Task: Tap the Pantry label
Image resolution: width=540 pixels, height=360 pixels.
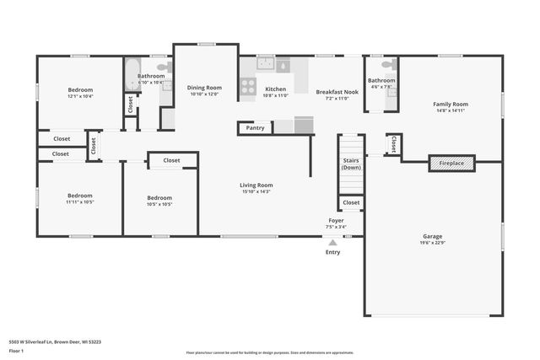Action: pyautogui.click(x=256, y=128)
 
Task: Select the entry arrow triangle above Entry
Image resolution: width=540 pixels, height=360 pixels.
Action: pyautogui.click(x=332, y=242)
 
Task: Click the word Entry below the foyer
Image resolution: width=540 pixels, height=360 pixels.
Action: pyautogui.click(x=333, y=251)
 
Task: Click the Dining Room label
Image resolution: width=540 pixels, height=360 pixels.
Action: pyautogui.click(x=204, y=88)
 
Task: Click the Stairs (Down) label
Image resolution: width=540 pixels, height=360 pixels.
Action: pyautogui.click(x=352, y=164)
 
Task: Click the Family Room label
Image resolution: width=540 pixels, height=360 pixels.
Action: pyautogui.click(x=450, y=105)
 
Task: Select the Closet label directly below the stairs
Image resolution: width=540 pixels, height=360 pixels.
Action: pyautogui.click(x=352, y=202)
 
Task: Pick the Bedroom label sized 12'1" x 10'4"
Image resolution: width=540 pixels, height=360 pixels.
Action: pyautogui.click(x=80, y=89)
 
